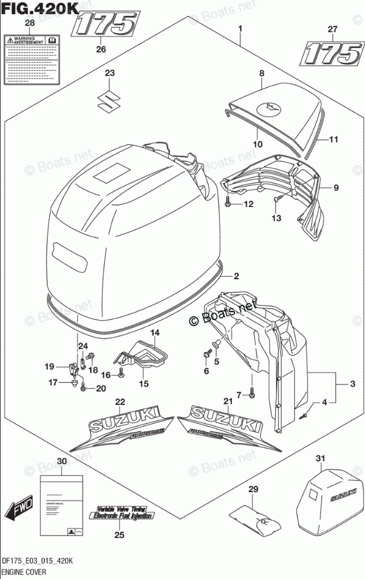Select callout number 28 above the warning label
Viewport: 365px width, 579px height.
[29, 23]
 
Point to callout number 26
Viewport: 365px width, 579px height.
[101, 49]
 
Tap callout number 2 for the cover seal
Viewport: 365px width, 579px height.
[236, 276]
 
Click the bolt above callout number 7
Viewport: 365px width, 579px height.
[252, 395]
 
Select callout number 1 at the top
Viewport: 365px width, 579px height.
[240, 29]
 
